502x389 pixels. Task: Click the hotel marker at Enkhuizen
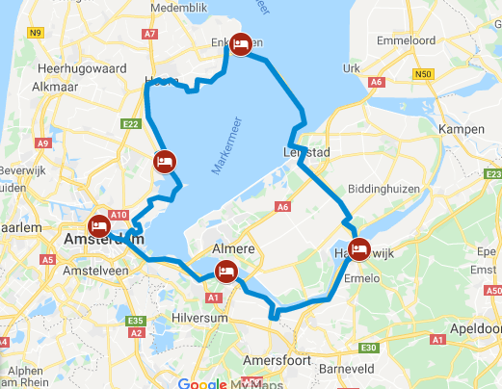[242, 43]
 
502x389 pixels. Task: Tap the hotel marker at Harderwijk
[359, 249]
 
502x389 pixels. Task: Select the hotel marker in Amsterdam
[99, 226]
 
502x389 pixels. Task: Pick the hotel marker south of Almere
[225, 272]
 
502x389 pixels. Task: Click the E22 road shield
[132, 123]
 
